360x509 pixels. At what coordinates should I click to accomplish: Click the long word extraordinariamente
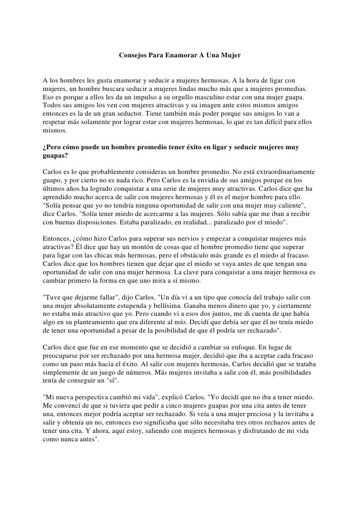282,170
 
